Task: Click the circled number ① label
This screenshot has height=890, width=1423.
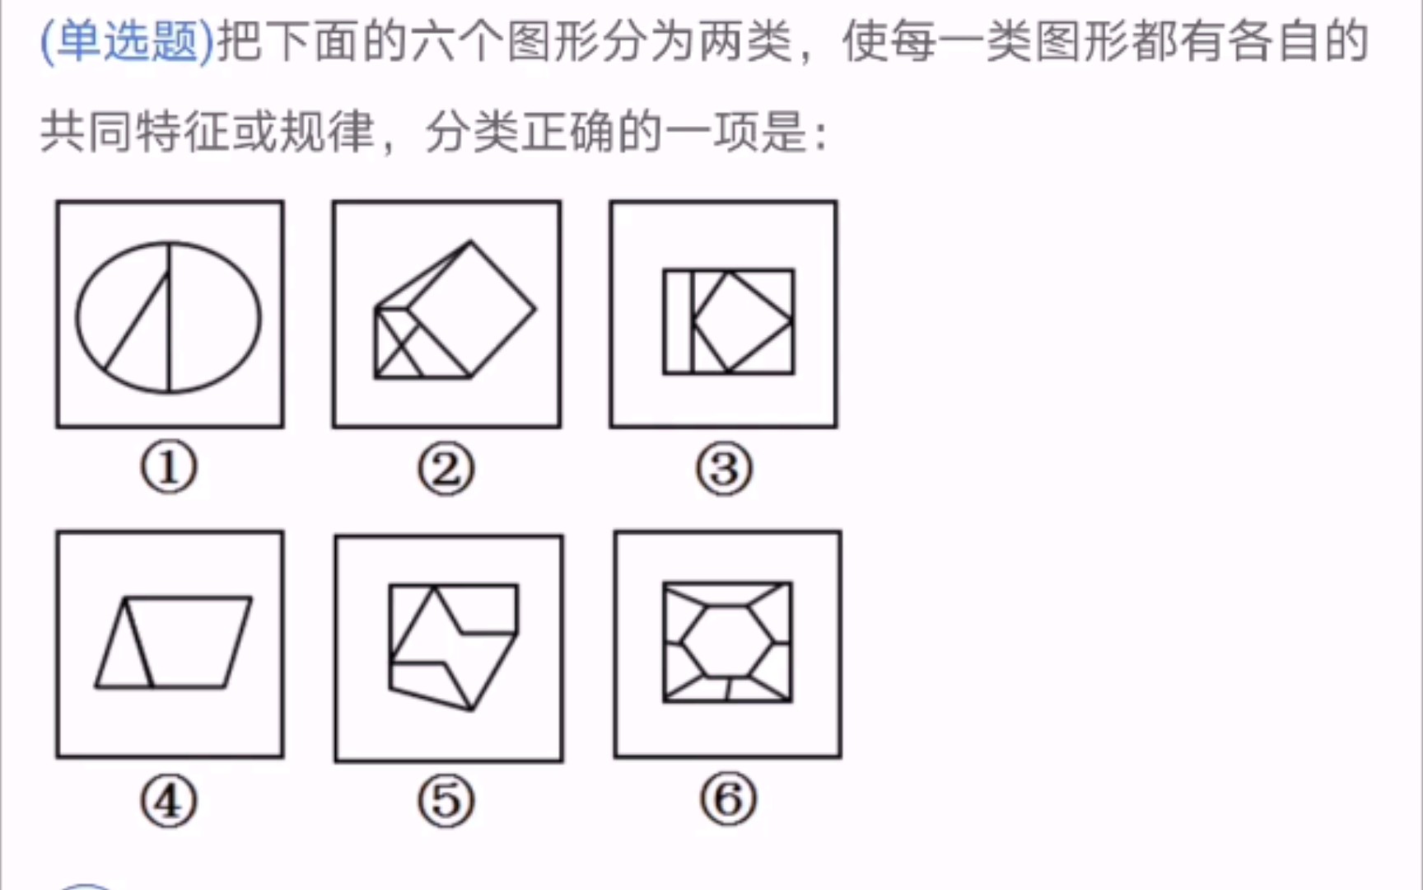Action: point(169,468)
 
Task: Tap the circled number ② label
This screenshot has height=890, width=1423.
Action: point(446,470)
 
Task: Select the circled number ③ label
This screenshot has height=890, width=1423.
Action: point(724,470)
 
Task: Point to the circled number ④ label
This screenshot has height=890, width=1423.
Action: point(169,801)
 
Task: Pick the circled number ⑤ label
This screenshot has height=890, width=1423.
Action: point(446,801)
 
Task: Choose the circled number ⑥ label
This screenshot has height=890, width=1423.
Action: point(728,799)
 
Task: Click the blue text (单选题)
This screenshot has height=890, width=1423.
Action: point(128,41)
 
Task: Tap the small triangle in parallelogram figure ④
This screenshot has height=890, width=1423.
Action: point(124,643)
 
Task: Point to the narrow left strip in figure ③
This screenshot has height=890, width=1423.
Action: point(679,321)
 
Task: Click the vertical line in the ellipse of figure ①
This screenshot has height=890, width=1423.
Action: point(169,317)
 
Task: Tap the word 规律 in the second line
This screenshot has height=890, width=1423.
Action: point(327,132)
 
